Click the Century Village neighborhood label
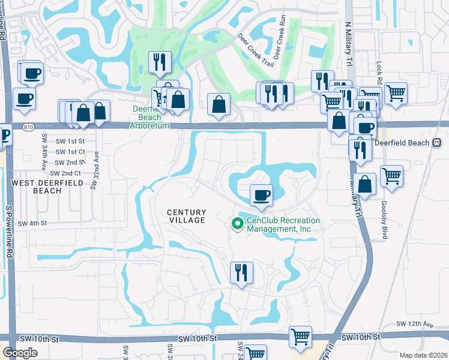(186, 216)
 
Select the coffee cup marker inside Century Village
(261, 196)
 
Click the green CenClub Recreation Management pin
(237, 224)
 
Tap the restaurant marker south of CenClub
(241, 273)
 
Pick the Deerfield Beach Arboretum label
(150, 117)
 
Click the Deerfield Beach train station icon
(437, 143)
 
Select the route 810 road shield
(28, 127)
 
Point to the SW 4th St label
(32, 223)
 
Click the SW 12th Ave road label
(419, 324)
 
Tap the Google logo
(20, 353)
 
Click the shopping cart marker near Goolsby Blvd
(391, 176)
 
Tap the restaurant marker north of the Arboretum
(160, 62)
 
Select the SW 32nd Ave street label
(94, 171)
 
